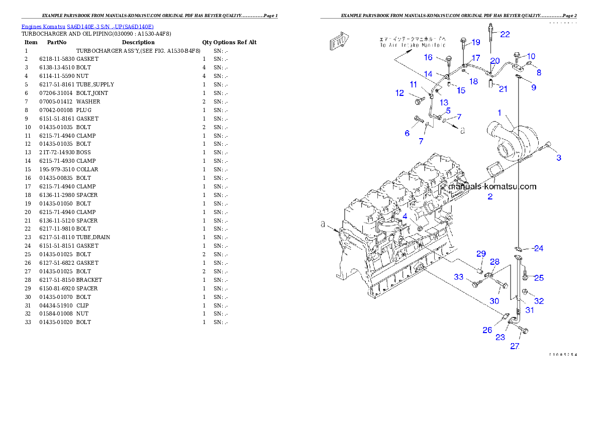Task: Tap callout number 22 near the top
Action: tap(505, 34)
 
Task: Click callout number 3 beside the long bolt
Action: tap(558, 158)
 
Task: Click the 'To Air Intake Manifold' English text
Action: tap(412, 45)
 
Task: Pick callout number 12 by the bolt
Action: tap(400, 93)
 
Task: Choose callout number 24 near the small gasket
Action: tap(538, 248)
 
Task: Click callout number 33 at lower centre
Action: tap(459, 277)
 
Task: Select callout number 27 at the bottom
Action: tap(515, 346)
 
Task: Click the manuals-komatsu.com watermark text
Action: tap(492, 187)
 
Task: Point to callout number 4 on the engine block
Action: tap(404, 216)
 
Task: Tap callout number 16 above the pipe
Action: tap(428, 57)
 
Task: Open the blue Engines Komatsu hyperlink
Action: tap(87, 26)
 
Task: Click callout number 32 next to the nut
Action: tap(538, 301)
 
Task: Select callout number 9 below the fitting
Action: tap(533, 87)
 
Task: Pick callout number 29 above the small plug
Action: tap(481, 253)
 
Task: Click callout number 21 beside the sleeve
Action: tap(503, 89)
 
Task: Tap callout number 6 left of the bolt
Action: tap(407, 133)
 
